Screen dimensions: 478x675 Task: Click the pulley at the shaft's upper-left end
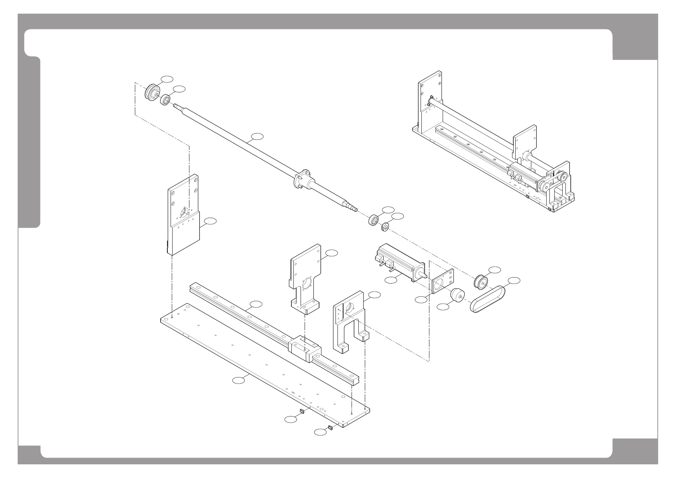(x=152, y=92)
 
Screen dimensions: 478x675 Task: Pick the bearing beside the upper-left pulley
(x=165, y=100)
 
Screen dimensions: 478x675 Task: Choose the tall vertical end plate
(x=183, y=215)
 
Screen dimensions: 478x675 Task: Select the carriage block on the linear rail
(x=304, y=348)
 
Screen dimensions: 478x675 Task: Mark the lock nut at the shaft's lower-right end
(x=384, y=227)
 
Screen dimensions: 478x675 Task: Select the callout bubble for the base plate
(x=239, y=380)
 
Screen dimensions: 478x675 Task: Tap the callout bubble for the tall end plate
(x=210, y=221)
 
